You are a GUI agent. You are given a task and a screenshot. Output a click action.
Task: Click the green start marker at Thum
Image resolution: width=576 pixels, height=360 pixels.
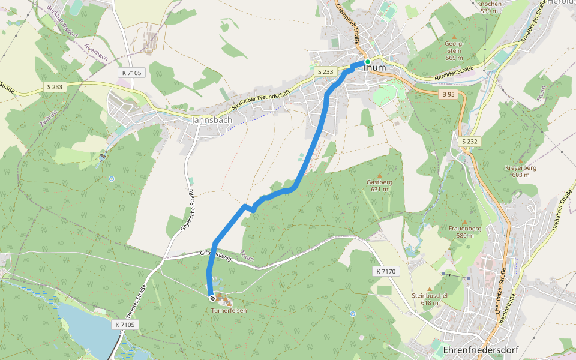point(368,62)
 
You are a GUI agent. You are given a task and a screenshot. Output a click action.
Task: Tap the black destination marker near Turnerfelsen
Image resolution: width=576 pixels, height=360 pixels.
point(212,298)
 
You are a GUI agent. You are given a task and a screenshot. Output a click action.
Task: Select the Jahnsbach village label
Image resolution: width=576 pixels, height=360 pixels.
point(212,120)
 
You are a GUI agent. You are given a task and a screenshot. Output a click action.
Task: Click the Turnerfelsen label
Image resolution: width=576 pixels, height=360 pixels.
point(229,311)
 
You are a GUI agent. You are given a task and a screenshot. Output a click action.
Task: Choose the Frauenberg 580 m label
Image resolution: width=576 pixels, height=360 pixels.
point(465,232)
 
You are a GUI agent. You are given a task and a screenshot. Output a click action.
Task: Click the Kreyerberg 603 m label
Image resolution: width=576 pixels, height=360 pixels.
point(521,171)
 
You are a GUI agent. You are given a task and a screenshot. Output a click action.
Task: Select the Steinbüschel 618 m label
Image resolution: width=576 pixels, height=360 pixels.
point(430,299)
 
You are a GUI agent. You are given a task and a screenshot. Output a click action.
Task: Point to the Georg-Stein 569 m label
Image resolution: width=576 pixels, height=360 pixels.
point(454,50)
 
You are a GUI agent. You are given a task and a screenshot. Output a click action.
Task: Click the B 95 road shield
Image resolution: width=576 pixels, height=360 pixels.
point(448,94)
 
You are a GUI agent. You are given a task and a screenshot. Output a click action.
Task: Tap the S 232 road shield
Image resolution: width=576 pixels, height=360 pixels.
point(471,141)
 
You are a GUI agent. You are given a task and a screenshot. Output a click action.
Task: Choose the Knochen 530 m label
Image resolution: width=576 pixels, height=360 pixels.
point(490,7)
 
